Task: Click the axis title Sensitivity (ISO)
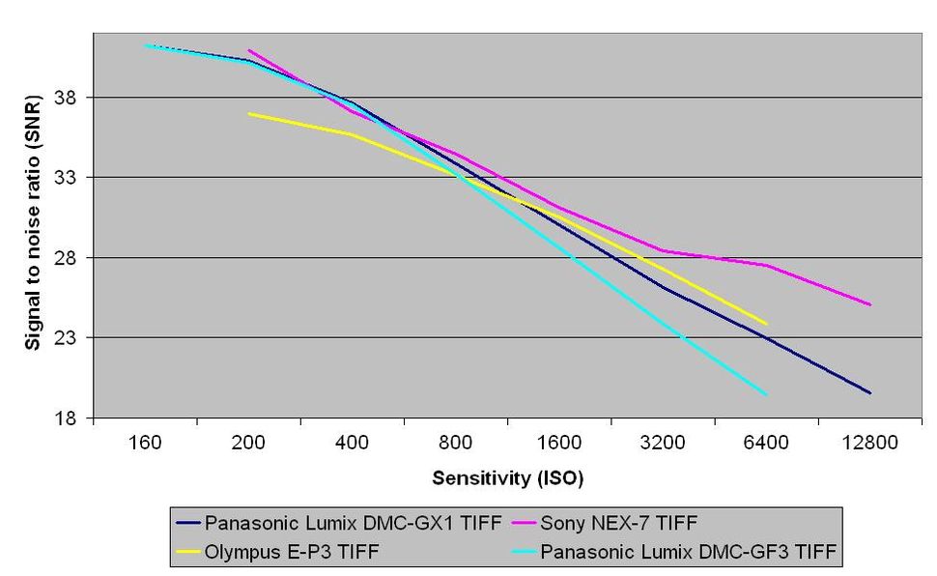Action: click(507, 477)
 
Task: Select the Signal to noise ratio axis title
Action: click(34, 228)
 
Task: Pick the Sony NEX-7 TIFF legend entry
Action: click(618, 524)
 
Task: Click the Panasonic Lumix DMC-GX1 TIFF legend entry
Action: click(353, 524)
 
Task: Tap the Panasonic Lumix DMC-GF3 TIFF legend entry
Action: click(688, 552)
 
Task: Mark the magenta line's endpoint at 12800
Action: click(870, 304)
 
